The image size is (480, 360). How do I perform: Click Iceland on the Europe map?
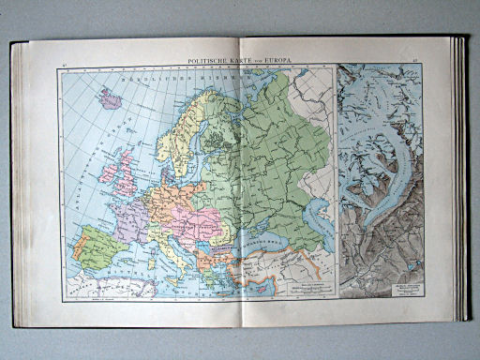click(112, 97)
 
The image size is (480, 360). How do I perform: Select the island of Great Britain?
click(122, 178)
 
